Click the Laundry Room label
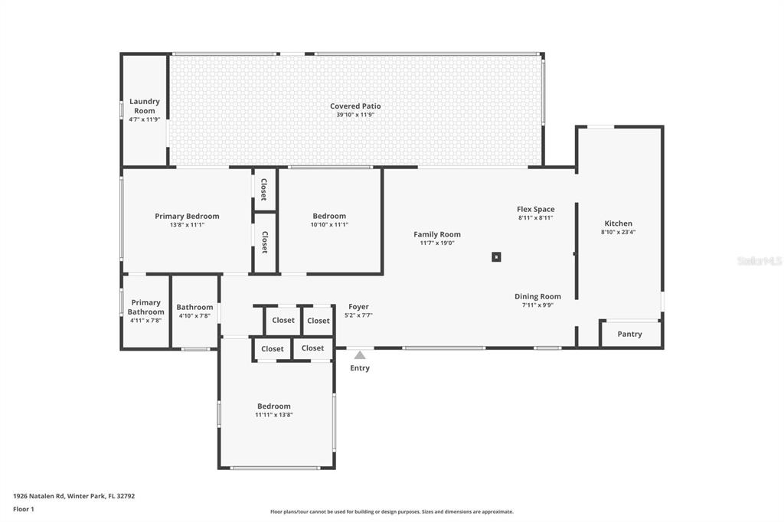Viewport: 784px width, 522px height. coord(144,106)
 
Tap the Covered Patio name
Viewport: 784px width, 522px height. coord(355,106)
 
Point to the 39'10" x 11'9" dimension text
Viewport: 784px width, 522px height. coord(355,116)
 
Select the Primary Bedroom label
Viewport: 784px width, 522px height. coord(187,216)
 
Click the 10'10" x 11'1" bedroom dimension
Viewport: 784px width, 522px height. coord(329,225)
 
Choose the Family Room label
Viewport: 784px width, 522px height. coord(437,234)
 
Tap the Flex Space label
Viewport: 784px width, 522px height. coord(535,209)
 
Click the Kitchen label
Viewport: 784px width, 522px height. coord(618,223)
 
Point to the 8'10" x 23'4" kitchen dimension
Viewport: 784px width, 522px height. coord(618,233)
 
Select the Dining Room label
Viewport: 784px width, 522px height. coord(537,296)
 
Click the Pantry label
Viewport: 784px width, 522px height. coord(629,334)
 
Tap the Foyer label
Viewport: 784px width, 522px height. coord(358,306)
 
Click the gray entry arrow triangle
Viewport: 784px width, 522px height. coord(360,355)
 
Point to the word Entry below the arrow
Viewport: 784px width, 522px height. coord(360,368)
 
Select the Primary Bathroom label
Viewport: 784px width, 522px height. coord(145,307)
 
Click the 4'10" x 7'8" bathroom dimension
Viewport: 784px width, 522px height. coord(194,316)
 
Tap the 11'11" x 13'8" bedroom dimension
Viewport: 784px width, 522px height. coord(274,415)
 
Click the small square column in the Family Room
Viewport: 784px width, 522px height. coord(496,257)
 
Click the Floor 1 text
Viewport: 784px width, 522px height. coord(24,509)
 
